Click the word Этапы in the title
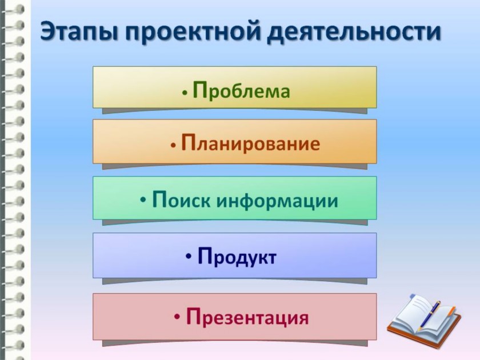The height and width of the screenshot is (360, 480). pyautogui.click(x=79, y=32)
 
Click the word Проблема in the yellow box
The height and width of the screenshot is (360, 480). pyautogui.click(x=241, y=90)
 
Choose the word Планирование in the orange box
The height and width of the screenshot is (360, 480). pyautogui.click(x=250, y=143)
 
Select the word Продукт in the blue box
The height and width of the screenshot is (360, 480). pyautogui.click(x=237, y=257)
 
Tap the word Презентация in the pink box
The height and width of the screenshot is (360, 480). pyautogui.click(x=247, y=317)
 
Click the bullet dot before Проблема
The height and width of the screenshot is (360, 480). pyautogui.click(x=185, y=93)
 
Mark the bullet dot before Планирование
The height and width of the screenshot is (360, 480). pyautogui.click(x=174, y=145)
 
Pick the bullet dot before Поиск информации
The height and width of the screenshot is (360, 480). pyautogui.click(x=143, y=201)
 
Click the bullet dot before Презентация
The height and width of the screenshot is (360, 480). pyautogui.click(x=177, y=317)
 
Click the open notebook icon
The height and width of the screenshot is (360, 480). pyautogui.click(x=424, y=321)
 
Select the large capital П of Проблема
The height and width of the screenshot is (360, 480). pyautogui.click(x=201, y=90)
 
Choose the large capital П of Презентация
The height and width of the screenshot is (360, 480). pyautogui.click(x=194, y=317)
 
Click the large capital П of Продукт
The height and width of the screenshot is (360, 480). pyautogui.click(x=205, y=255)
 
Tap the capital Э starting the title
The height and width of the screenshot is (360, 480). pyautogui.click(x=49, y=32)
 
